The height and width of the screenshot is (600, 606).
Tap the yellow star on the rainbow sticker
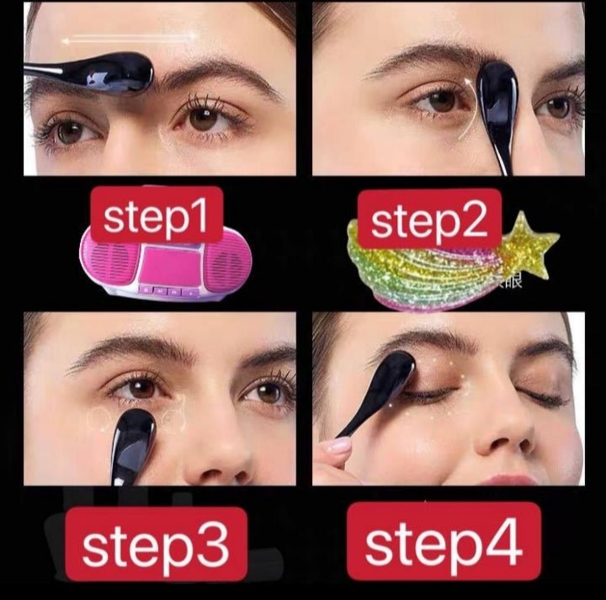529,243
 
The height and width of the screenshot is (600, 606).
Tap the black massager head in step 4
389,376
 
